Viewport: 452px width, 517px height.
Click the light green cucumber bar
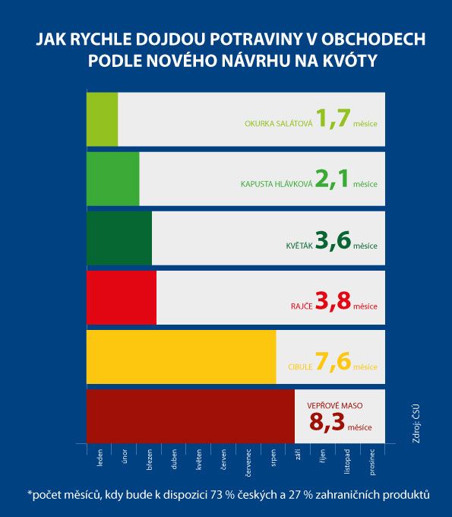coord(102,119)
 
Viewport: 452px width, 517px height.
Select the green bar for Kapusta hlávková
coord(113,179)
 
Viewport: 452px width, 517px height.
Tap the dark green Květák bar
coord(119,238)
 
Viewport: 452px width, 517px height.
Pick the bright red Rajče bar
coord(122,298)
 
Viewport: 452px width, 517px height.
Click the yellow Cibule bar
coord(182,357)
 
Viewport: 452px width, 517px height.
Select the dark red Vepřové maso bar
coord(191,417)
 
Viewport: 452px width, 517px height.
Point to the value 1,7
coord(333,119)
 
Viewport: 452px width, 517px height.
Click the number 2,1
coord(332,179)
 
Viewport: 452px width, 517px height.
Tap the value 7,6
coord(333,361)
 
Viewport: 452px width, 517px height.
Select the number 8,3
coord(327,422)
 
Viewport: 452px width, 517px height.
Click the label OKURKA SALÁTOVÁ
coord(278,124)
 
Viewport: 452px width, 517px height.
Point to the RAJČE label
coord(302,306)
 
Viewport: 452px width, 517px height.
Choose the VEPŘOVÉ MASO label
coord(335,405)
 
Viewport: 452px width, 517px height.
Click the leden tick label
coord(100,458)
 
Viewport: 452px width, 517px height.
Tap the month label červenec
coord(248,462)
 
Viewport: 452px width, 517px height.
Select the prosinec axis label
coord(372,462)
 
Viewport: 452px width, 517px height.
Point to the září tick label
coord(298,455)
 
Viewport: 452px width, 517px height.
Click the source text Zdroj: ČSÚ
coord(416,423)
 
